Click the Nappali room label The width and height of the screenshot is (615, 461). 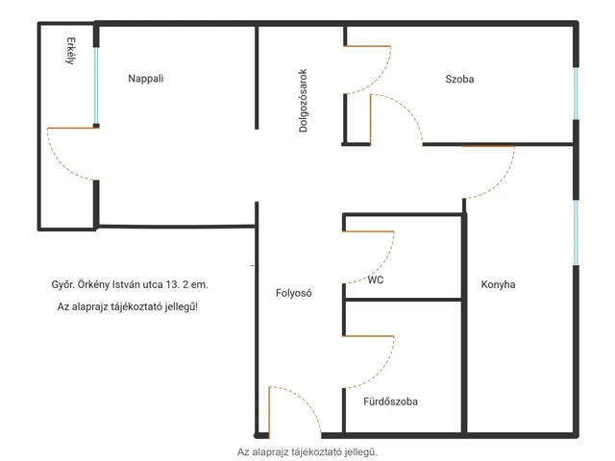pos(145,79)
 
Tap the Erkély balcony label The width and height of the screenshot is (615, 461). pos(70,51)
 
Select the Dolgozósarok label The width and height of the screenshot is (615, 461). pos(303,101)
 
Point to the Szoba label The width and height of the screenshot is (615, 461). pos(459,79)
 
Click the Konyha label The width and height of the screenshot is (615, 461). pos(498,284)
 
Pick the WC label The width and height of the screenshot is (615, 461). pos(376,279)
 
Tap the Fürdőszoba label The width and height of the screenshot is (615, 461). pos(390,401)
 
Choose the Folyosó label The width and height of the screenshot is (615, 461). pos(294,293)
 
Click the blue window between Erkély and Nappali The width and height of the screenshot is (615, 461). pos(96,85)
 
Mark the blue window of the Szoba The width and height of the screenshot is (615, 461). pos(576,94)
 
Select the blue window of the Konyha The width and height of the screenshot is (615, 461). pos(576,232)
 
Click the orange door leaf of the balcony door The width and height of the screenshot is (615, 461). pos(73,128)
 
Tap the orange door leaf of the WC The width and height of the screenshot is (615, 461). pos(368,231)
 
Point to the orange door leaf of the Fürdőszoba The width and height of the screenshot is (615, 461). pos(368,336)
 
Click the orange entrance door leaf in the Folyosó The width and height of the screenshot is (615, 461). pos(269,412)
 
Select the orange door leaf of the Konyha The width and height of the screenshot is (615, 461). pos(488,146)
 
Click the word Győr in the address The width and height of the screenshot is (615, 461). pos(62,284)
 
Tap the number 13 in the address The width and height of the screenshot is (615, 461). pos(172,284)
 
